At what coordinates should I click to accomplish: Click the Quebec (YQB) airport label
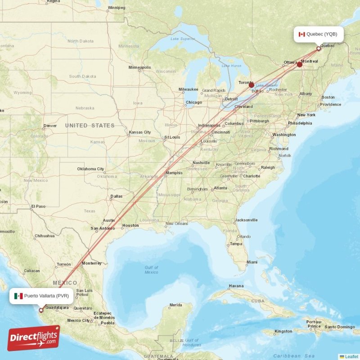pyautogui.click(x=321, y=34)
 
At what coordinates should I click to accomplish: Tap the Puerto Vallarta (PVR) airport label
pyautogui.click(x=46, y=296)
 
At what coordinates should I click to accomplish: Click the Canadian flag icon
pyautogui.click(x=302, y=34)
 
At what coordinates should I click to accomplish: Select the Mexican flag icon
pyautogui.click(x=18, y=296)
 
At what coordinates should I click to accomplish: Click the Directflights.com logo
pyautogui.click(x=34, y=338)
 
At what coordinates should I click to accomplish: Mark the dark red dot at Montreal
pyautogui.click(x=300, y=65)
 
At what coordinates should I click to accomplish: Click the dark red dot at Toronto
pyautogui.click(x=252, y=85)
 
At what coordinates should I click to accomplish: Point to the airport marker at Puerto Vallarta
pyautogui.click(x=41, y=310)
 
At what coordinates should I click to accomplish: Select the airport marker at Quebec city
pyautogui.click(x=319, y=49)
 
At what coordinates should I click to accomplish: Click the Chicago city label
pyautogui.click(x=194, y=102)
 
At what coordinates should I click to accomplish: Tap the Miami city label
pyautogui.click(x=252, y=262)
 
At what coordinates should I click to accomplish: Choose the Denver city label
pyautogui.click(x=50, y=126)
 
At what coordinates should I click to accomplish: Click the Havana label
pyautogui.click(x=236, y=286)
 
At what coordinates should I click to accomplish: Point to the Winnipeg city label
pyautogui.click(x=116, y=8)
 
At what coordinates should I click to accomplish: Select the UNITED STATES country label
pyautogui.click(x=90, y=126)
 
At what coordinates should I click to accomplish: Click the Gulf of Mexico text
pyautogui.click(x=151, y=270)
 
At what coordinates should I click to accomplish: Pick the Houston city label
pyautogui.click(x=130, y=225)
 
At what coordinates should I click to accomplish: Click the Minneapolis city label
pyautogui.click(x=139, y=67)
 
